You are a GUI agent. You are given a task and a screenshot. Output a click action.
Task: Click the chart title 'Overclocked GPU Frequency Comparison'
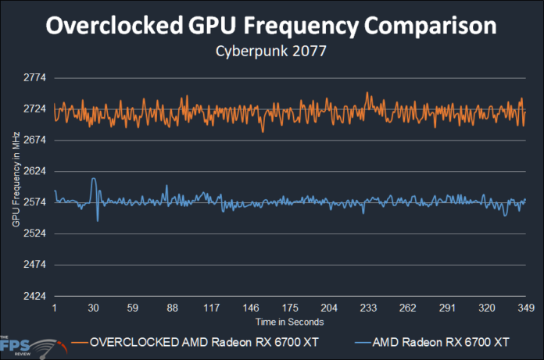click(270, 26)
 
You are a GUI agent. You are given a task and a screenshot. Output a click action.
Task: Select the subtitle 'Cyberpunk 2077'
click(270, 55)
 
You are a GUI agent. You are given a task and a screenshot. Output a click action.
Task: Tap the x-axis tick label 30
click(94, 308)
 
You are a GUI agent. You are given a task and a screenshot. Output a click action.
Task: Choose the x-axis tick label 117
click(211, 308)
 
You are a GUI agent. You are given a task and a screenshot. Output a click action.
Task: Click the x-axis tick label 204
click(329, 308)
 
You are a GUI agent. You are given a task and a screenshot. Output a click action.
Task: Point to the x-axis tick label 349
click(525, 308)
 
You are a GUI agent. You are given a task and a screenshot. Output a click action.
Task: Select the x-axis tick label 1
click(55, 308)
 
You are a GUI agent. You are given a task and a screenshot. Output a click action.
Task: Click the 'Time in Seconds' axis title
click(289, 322)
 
